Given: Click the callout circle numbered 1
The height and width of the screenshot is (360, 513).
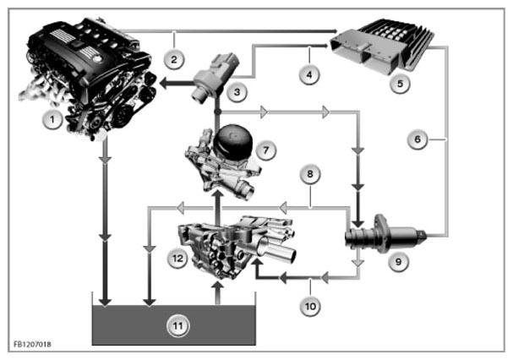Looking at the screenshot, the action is click(52, 120).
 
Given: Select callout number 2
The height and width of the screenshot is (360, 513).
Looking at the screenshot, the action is click(174, 59).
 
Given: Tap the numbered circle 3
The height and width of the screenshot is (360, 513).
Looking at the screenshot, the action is click(237, 92).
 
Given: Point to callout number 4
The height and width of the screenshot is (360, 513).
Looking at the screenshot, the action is click(309, 74).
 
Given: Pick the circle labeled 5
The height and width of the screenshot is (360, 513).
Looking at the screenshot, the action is click(400, 84).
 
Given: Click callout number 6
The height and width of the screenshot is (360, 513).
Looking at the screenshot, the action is click(417, 139).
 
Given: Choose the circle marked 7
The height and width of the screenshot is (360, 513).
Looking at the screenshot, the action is click(266, 150).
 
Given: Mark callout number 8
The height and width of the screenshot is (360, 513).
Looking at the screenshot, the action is click(310, 174).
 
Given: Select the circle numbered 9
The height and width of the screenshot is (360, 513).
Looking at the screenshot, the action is click(399, 261).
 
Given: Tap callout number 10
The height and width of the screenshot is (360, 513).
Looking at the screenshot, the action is click(310, 306).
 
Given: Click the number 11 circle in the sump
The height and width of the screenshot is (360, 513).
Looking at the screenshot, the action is click(178, 326).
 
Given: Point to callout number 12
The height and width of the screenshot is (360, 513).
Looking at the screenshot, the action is click(177, 259).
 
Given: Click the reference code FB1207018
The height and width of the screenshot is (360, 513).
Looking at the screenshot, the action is click(32, 344).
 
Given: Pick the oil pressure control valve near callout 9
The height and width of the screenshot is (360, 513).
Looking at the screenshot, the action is click(386, 235).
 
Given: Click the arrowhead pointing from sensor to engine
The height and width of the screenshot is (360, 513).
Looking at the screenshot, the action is click(164, 84).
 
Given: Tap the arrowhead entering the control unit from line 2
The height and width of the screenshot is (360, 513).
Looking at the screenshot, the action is click(335, 31).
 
